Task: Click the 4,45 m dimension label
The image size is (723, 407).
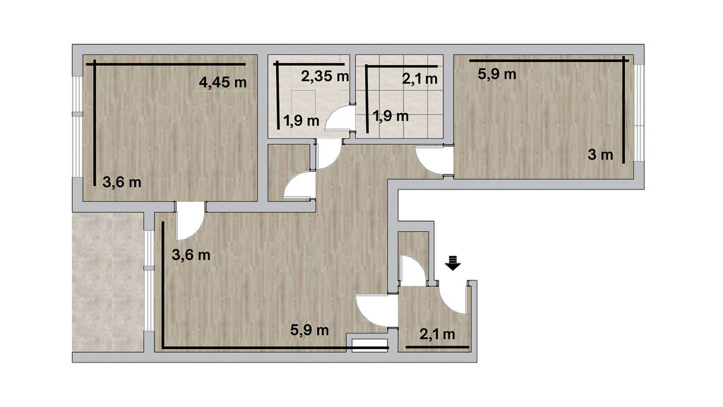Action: (x=222, y=83)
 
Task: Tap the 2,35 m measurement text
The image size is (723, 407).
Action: (x=325, y=76)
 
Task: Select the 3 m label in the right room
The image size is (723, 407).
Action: (x=600, y=155)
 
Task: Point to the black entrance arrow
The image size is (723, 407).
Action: (x=453, y=262)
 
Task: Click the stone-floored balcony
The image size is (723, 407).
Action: (x=108, y=282)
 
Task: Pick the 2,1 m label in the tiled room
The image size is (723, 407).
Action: (x=419, y=79)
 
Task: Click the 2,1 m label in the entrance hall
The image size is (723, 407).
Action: (x=437, y=334)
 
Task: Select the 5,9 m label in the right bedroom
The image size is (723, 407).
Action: (x=496, y=73)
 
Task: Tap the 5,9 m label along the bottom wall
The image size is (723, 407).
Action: (x=309, y=330)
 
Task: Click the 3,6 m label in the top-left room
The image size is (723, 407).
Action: (x=121, y=182)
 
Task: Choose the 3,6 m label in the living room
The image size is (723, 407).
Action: (x=191, y=254)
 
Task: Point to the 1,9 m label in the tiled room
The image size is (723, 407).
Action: (x=390, y=116)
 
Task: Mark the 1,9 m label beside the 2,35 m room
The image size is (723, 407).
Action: (x=301, y=121)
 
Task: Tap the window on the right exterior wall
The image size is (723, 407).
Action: (x=638, y=112)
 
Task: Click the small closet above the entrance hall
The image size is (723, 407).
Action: (x=414, y=256)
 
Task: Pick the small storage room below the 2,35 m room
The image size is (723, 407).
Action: (x=289, y=172)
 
